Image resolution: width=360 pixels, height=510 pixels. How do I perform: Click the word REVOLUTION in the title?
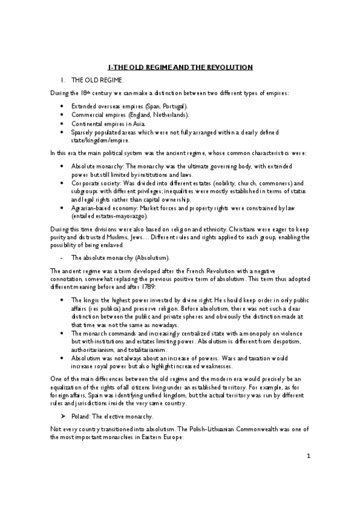(x=227, y=67)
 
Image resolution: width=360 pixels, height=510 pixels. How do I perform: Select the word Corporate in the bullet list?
(x=87, y=183)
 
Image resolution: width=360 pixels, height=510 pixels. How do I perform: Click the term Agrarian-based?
(x=90, y=207)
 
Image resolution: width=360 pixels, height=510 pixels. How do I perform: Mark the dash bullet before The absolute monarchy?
(x=64, y=257)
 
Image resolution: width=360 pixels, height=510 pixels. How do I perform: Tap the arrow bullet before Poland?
(x=64, y=416)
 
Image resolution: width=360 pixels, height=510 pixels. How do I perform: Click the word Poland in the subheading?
(x=82, y=416)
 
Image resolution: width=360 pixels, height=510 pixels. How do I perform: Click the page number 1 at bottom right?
(x=308, y=473)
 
